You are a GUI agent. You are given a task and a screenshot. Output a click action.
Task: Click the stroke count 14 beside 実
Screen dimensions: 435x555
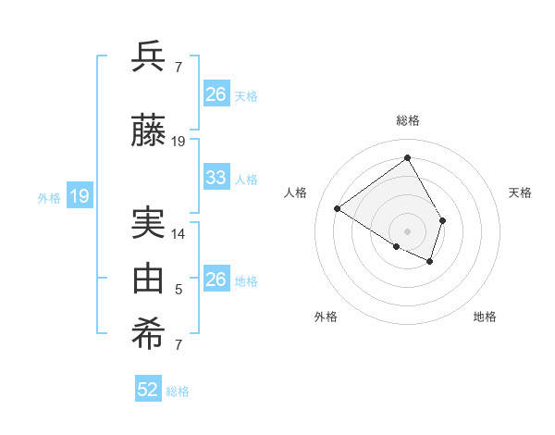(179, 234)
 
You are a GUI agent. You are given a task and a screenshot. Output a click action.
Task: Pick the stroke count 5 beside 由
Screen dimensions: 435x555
(179, 290)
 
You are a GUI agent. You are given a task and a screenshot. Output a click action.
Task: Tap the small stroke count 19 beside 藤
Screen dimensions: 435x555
(179, 142)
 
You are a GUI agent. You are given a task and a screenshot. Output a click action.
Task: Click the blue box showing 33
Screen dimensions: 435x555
(216, 178)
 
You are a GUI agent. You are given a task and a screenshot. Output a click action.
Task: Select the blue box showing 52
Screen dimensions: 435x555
(148, 390)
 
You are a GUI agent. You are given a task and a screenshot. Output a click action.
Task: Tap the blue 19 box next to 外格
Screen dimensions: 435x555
(79, 195)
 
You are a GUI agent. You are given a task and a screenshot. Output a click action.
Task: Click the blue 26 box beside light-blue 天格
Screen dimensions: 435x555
(216, 94)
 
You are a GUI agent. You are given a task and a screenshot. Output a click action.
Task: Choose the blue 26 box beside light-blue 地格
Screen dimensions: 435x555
(216, 280)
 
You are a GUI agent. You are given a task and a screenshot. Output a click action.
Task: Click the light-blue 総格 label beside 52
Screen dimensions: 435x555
(178, 391)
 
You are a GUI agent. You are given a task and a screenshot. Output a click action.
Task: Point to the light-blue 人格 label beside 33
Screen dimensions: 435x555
(246, 179)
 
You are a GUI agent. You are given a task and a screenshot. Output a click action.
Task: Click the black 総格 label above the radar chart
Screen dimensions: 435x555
(408, 120)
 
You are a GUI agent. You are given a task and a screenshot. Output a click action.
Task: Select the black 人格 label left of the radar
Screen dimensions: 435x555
(296, 193)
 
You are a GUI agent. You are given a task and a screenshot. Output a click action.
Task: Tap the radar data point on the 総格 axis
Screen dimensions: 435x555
(407, 158)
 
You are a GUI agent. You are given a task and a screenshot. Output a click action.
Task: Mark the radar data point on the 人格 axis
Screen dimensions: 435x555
(338, 209)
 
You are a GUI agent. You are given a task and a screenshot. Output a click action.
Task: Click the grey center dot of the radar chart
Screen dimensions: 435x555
(407, 230)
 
